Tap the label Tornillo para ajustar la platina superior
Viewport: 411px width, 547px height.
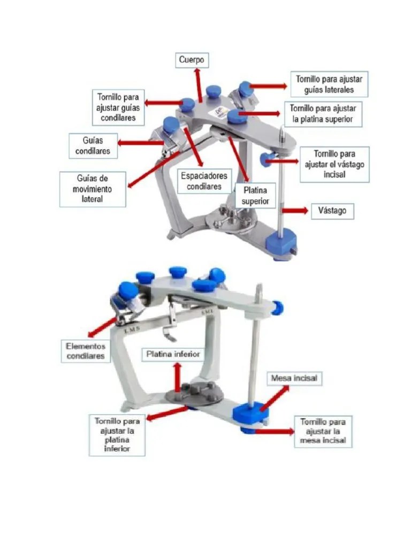[x=322, y=114]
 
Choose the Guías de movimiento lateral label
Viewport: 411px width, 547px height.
[x=93, y=189]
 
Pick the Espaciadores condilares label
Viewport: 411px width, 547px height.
[x=204, y=181]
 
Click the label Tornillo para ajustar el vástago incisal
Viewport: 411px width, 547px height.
[x=334, y=165]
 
